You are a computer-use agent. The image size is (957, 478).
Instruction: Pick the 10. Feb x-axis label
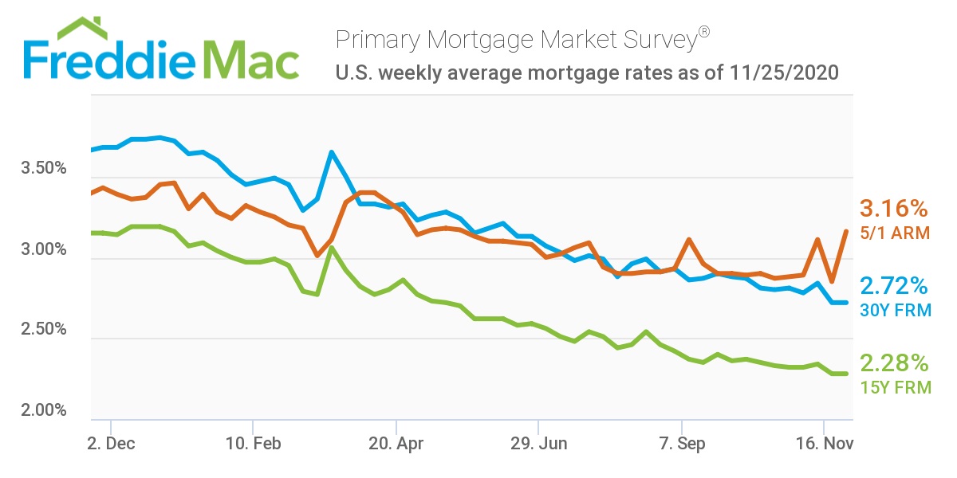coord(253,444)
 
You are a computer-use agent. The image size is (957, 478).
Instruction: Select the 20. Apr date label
coord(396,444)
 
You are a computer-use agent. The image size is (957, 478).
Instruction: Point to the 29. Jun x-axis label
coord(539,444)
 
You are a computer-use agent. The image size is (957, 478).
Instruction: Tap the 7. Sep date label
coord(682,444)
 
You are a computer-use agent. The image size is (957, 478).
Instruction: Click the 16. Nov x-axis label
coord(825,444)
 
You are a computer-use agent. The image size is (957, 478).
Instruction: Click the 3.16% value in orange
coord(894,210)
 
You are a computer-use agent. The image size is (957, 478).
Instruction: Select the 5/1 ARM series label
coord(893,233)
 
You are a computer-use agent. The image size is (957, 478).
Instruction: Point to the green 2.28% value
coord(894,364)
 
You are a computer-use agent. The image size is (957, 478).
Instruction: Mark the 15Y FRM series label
coord(895,388)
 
